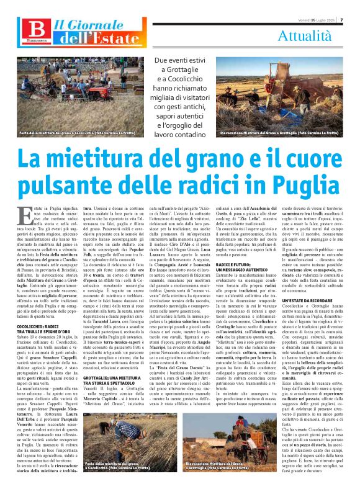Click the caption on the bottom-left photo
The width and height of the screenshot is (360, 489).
[x=118, y=482]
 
